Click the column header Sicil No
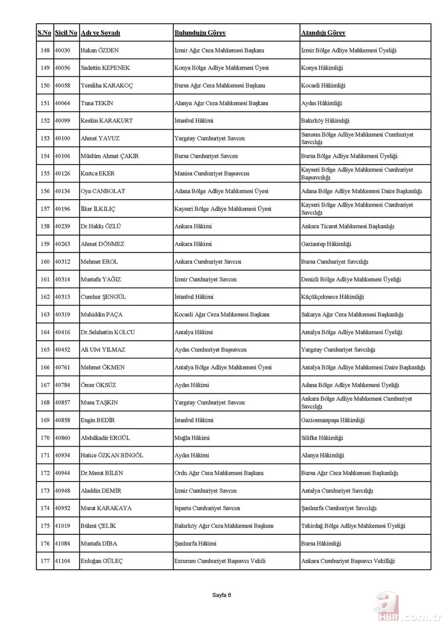click(x=66, y=33)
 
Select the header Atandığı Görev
click(x=323, y=33)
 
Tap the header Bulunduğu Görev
click(x=200, y=33)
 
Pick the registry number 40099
click(x=62, y=121)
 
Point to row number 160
click(x=45, y=262)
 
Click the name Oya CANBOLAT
click(x=103, y=191)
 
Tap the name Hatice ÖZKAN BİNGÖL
click(x=112, y=455)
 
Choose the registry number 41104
click(x=62, y=561)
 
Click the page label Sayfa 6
click(x=222, y=595)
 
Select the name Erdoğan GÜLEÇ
click(x=102, y=561)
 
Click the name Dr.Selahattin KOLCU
click(x=108, y=332)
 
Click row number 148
click(x=45, y=50)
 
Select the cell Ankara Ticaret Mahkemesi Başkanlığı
click(x=347, y=226)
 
